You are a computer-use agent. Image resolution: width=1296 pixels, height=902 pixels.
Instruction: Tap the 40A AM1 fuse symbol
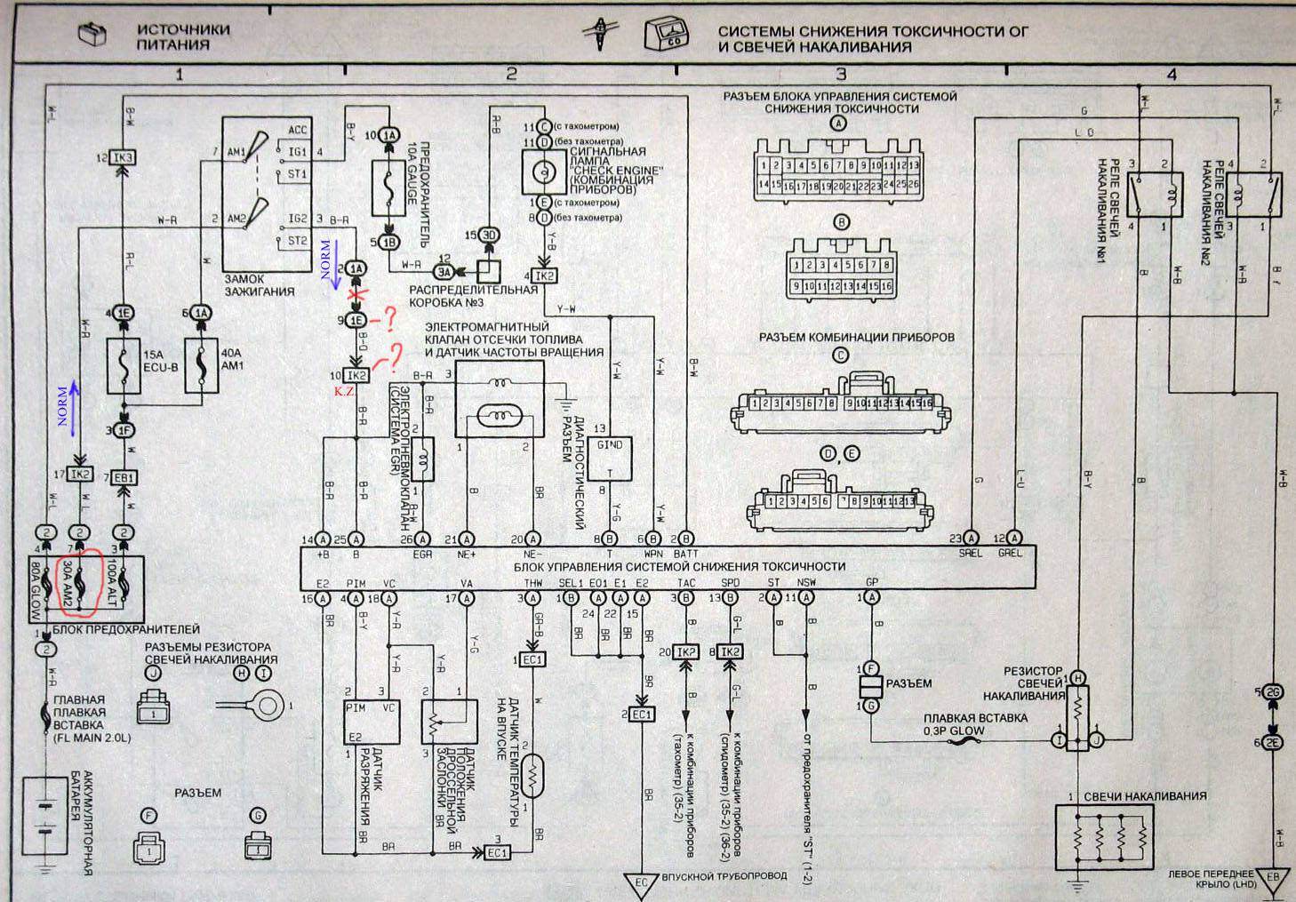200,365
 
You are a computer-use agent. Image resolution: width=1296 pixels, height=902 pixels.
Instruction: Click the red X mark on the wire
356,293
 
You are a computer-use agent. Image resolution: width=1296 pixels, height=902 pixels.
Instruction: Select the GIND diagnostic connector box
609,459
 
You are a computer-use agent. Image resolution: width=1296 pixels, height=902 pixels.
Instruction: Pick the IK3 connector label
124,158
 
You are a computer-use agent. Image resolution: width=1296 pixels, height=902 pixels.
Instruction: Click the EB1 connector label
124,477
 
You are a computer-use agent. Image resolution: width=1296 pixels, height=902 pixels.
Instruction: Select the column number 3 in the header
841,75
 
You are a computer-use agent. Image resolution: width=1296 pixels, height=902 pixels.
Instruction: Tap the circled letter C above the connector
840,356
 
